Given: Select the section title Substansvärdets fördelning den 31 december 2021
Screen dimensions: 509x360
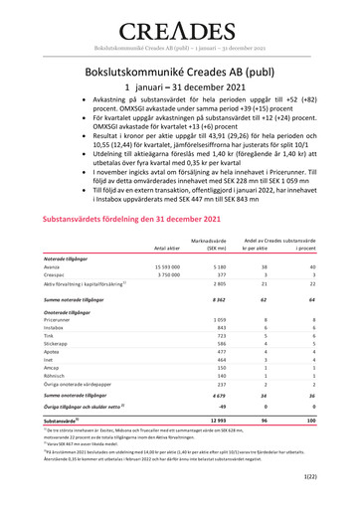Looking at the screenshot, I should [x=139, y=218].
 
